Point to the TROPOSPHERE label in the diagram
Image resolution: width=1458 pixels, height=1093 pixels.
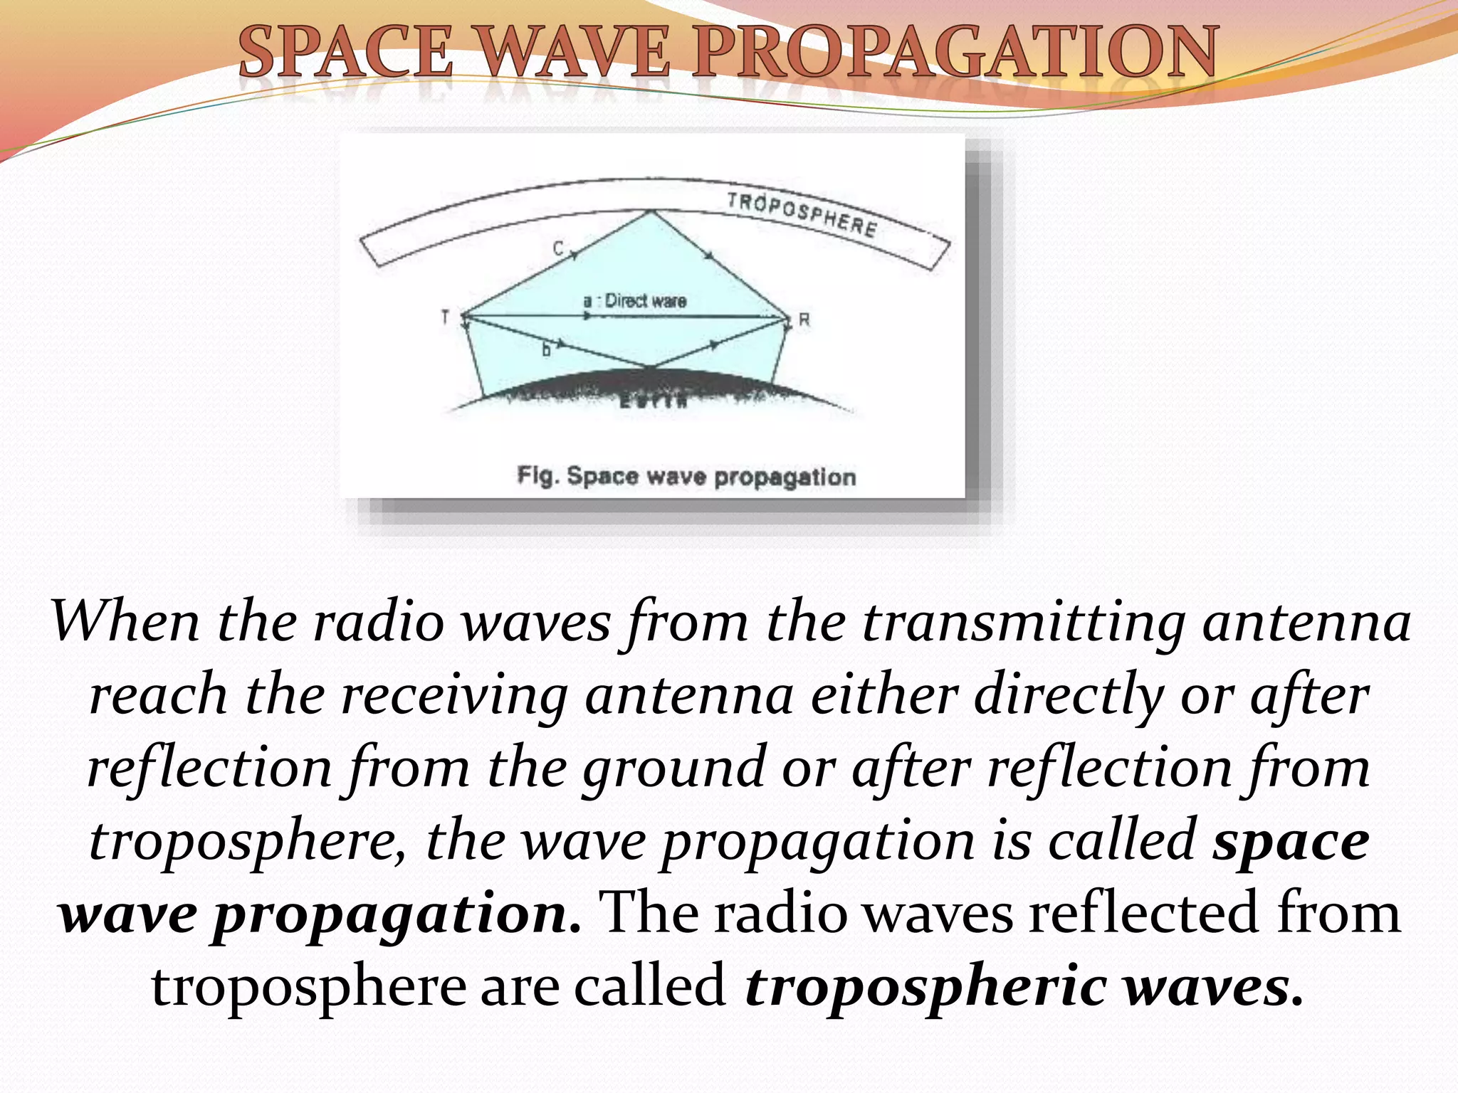[x=802, y=214]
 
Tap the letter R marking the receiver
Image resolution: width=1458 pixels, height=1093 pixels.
[x=804, y=320]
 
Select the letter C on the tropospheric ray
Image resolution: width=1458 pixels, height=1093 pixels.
[x=559, y=248]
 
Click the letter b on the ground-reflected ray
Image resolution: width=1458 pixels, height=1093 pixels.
[x=546, y=349]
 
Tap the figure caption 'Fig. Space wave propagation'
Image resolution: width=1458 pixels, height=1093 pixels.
[x=686, y=476]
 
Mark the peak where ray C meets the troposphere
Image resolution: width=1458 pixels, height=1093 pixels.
[x=650, y=211]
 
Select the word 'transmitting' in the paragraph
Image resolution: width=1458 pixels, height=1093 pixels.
[x=1023, y=622]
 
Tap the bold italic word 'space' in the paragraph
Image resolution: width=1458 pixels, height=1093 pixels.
[x=1291, y=842]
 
